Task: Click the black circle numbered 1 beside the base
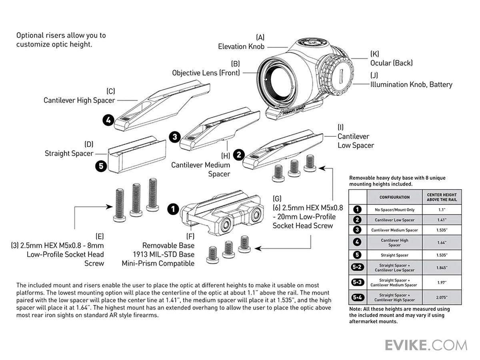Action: (172, 208)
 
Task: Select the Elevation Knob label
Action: (241, 46)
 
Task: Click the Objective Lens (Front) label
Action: (206, 73)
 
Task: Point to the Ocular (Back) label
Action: (391, 63)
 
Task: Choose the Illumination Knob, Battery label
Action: (411, 84)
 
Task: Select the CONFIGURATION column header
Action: (394, 197)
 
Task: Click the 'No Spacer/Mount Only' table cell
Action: (394, 209)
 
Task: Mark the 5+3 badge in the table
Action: (358, 282)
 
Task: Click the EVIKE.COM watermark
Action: (426, 345)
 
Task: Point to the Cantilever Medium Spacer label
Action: (201, 169)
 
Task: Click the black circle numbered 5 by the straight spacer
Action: (101, 166)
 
